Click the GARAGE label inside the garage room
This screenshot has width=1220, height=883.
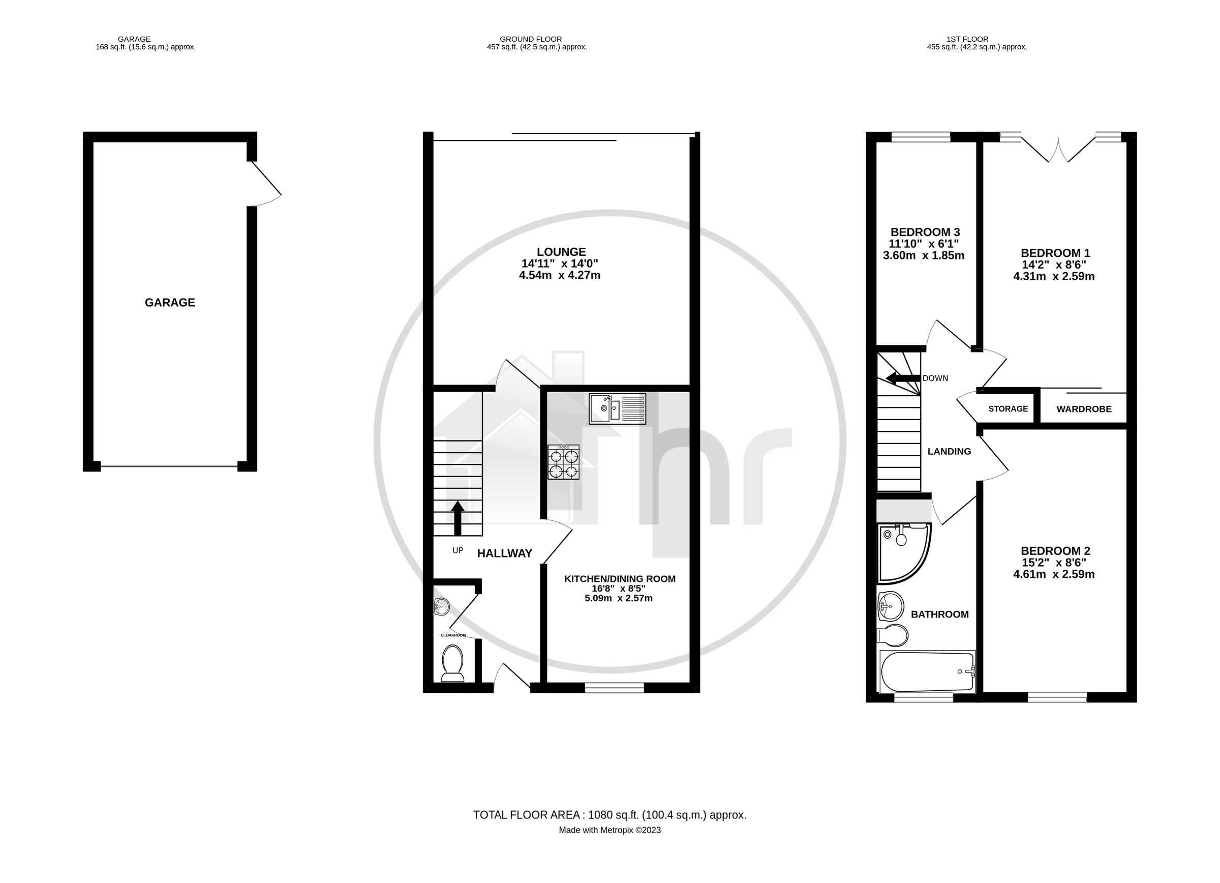pyautogui.click(x=169, y=303)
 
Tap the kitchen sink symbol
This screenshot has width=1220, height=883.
pyautogui.click(x=617, y=408)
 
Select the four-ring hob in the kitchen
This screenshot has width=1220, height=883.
pyautogui.click(x=563, y=462)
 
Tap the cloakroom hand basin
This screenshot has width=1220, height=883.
pyautogui.click(x=441, y=607)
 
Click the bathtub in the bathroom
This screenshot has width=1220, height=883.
pyautogui.click(x=926, y=671)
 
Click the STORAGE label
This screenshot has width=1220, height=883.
pyautogui.click(x=1008, y=409)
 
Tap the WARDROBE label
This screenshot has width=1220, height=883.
pyautogui.click(x=1083, y=409)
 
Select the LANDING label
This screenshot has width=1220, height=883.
pyautogui.click(x=949, y=452)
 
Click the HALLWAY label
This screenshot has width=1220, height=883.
pyautogui.click(x=504, y=553)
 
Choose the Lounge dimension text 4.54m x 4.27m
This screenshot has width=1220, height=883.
pyautogui.click(x=560, y=276)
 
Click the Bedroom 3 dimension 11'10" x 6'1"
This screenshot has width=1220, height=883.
pyautogui.click(x=924, y=244)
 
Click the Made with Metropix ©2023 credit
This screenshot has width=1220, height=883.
pyautogui.click(x=609, y=830)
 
